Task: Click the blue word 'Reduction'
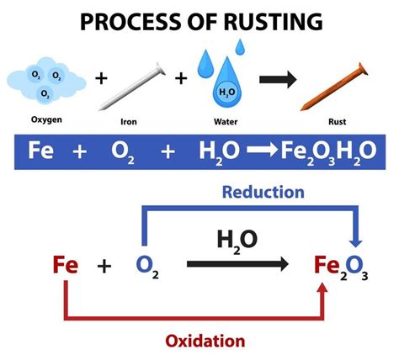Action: pyautogui.click(x=263, y=193)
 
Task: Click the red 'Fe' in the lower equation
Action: pyautogui.click(x=65, y=267)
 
